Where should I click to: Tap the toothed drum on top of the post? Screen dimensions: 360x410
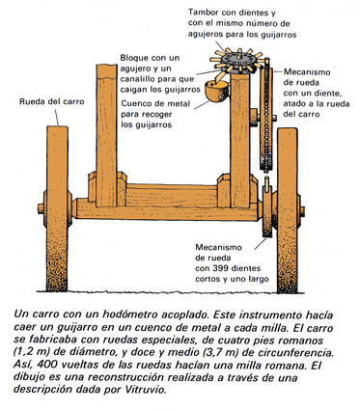pos(237,62)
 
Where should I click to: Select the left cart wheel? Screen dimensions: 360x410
pos(58,209)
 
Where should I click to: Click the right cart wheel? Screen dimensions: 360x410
pos(288,210)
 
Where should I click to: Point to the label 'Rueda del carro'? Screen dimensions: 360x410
pos(51,101)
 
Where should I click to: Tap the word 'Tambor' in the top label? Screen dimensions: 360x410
pos(205,13)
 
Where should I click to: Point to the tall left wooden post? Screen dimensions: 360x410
pos(106,135)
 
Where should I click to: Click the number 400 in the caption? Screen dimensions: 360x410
pos(45,366)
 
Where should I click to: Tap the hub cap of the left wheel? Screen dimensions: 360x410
pos(41,208)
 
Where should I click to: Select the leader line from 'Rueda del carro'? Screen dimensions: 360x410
pos(57,118)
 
